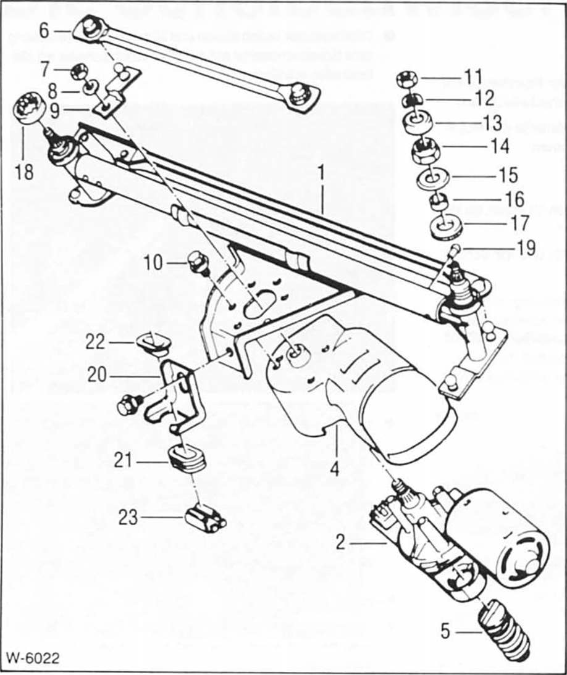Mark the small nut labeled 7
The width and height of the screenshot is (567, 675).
[x=80, y=68]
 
